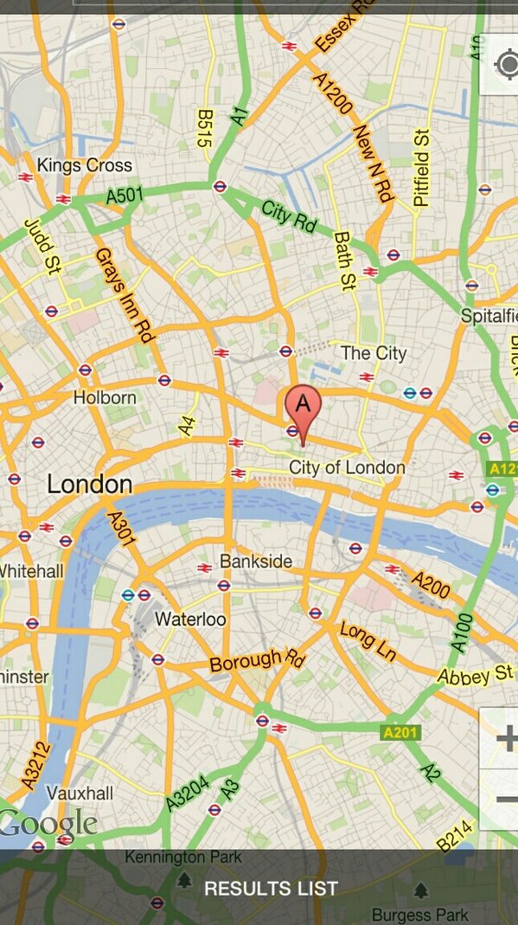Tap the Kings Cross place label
85,165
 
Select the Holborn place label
105,398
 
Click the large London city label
90,484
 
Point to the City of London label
347,468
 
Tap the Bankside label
256,562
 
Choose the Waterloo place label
190,620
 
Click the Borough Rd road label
258,661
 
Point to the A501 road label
125,196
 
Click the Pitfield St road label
422,168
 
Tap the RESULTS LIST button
271,889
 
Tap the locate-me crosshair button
505,65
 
